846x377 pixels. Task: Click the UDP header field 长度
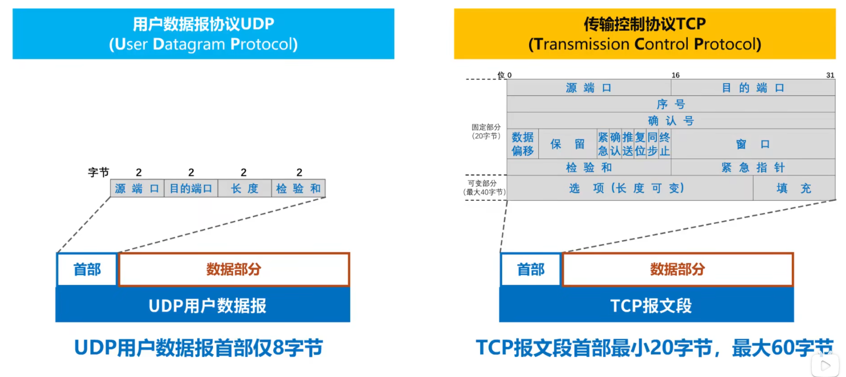point(245,188)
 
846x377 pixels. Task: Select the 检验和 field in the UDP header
point(298,188)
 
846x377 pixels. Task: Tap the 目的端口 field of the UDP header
point(191,188)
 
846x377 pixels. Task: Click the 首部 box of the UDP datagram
point(87,269)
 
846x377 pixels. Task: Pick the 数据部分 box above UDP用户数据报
point(234,269)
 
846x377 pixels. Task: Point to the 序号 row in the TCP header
point(671,104)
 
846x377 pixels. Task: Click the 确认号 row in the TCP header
point(671,121)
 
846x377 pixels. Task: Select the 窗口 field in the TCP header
point(753,144)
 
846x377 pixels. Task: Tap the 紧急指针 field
point(753,167)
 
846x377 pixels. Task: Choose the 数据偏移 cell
point(523,144)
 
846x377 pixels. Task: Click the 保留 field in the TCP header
point(568,144)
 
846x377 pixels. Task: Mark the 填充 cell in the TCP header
point(794,188)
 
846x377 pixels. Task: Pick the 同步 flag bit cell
point(652,144)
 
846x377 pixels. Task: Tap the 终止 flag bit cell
point(665,144)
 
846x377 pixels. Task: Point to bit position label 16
point(675,75)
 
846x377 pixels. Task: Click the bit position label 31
point(830,75)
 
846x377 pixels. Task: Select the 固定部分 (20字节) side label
point(486,131)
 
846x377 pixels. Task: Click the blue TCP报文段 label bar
point(646,305)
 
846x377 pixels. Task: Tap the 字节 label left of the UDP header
point(98,172)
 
